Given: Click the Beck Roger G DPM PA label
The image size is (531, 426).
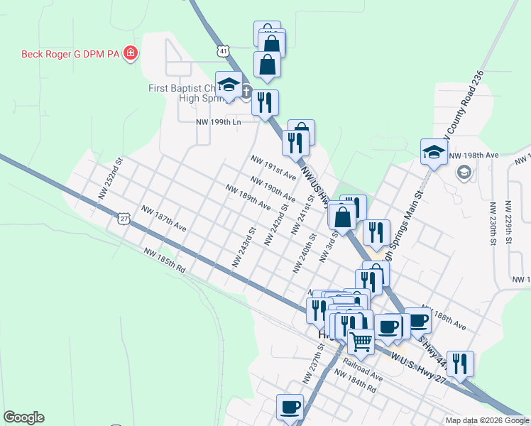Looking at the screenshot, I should (70, 54).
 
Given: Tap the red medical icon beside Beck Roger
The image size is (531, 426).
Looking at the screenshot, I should (131, 54).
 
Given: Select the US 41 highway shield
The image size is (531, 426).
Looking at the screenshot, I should (224, 52).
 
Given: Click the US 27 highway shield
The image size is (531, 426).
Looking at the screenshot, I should (124, 219).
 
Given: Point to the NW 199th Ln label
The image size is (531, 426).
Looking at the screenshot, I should (219, 122).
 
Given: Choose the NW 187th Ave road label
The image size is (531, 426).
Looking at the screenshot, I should (163, 219).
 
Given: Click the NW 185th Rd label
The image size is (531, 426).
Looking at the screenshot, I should (163, 263).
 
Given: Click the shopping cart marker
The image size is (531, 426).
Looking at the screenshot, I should (361, 342).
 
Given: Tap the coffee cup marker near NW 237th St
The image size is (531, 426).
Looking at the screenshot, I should (290, 407).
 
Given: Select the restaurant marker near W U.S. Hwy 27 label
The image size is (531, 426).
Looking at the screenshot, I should (461, 364).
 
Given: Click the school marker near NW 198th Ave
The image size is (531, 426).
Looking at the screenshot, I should (434, 151).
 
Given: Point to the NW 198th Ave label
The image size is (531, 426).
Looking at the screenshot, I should (473, 155).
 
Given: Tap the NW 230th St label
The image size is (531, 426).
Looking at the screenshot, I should (491, 223).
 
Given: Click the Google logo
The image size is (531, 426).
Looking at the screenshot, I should (23, 418).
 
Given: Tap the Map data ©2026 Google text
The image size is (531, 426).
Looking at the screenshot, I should (486, 420).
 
